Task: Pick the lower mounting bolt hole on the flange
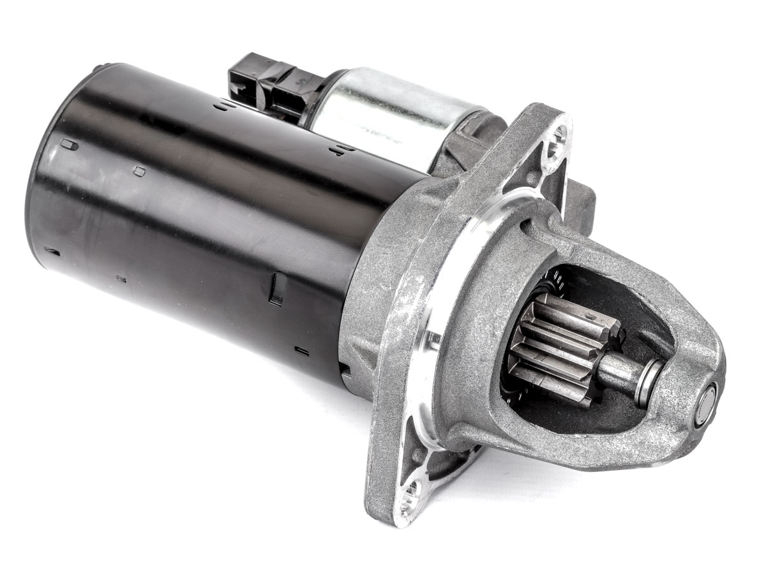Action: pyautogui.click(x=411, y=494)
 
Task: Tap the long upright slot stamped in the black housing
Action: pyautogui.click(x=276, y=288)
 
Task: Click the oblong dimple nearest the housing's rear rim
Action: pyautogui.click(x=68, y=145)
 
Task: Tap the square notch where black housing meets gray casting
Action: pyautogui.click(x=345, y=369)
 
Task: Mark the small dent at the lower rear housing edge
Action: pyautogui.click(x=51, y=251)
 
